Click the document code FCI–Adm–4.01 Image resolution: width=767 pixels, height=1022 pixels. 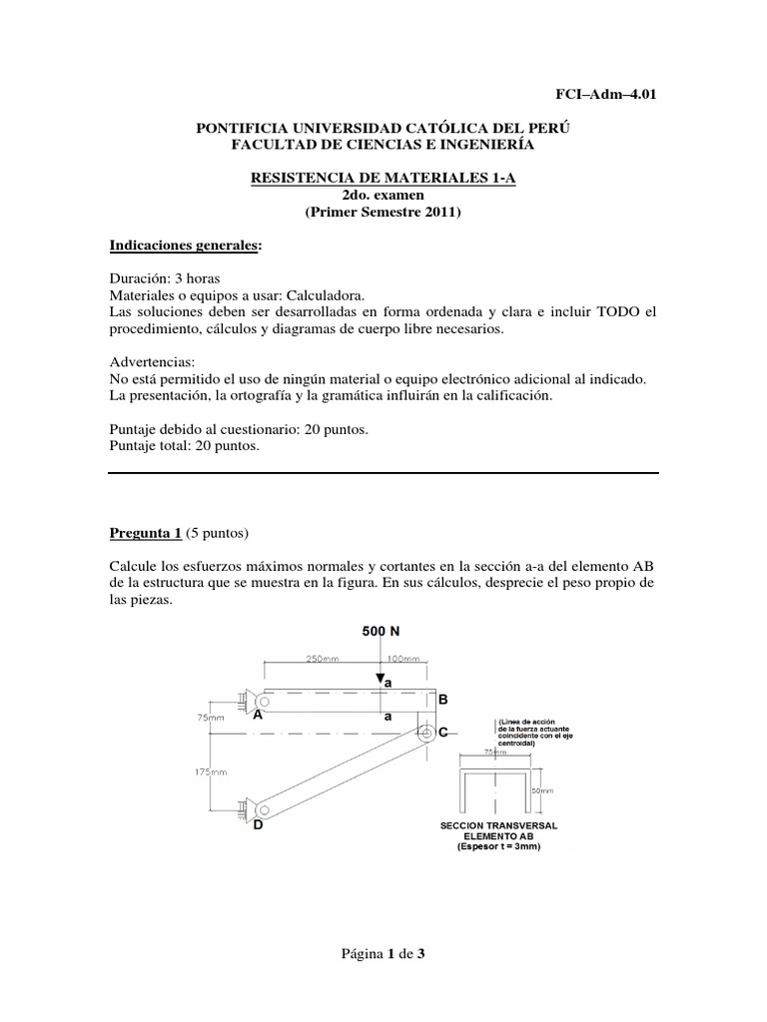606,95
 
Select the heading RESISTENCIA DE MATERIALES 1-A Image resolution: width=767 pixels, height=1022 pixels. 383,177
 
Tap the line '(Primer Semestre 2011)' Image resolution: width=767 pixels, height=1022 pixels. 383,213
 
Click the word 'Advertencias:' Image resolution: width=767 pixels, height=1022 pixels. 153,363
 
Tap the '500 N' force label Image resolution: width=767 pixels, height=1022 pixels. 381,633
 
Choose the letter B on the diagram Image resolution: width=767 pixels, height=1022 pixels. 443,701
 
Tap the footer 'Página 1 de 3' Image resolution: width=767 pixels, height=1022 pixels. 383,954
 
